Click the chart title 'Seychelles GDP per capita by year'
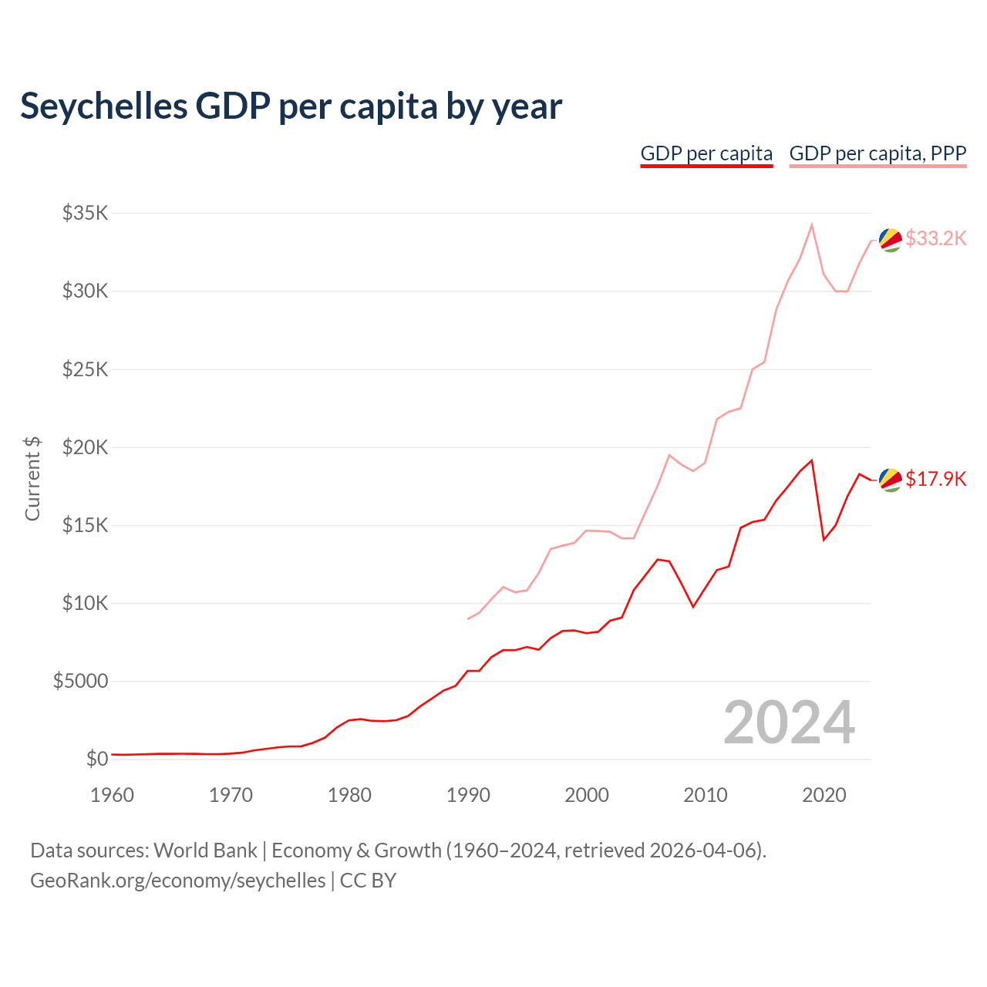(291, 106)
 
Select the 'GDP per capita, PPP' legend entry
(878, 153)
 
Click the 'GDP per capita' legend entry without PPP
(706, 153)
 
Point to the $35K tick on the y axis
(85, 213)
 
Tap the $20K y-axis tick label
(85, 447)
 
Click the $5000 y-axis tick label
(80, 682)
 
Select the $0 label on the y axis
(96, 760)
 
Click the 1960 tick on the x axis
(112, 795)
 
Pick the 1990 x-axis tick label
(468, 795)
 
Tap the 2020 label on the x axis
(824, 795)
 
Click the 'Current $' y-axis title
(32, 478)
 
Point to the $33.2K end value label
(935, 238)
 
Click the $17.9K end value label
(935, 479)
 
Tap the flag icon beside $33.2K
(891, 240)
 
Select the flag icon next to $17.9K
(891, 480)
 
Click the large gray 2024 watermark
(789, 723)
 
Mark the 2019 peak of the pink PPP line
(812, 224)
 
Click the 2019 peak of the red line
(812, 460)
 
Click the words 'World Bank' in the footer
(205, 851)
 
